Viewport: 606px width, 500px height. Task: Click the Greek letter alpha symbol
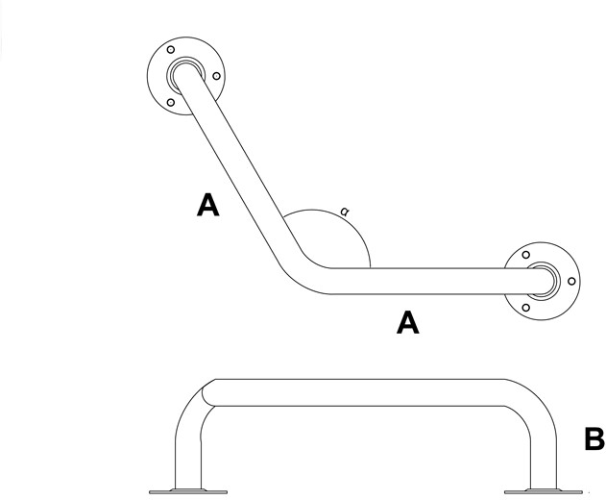345,210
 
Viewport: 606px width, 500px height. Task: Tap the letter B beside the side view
594,440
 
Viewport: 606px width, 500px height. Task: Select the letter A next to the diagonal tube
206,205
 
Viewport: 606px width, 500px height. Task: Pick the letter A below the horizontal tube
408,323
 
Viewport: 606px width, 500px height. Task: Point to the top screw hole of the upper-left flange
170,49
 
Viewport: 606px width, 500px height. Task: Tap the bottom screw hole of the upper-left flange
170,102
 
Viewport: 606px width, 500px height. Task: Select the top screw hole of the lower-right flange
525,255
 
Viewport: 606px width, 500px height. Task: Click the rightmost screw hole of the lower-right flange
571,281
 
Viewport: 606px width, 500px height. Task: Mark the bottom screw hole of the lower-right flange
525,308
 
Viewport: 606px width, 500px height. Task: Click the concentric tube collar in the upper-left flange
181,75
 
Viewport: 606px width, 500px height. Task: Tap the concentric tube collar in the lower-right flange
544,279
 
